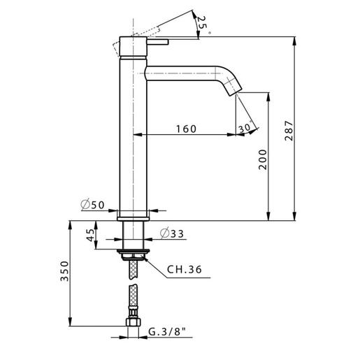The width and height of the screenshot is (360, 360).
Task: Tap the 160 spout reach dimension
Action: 185,128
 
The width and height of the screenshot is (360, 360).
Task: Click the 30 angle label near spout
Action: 244,128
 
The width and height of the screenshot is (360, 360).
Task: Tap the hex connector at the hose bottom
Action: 133,324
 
